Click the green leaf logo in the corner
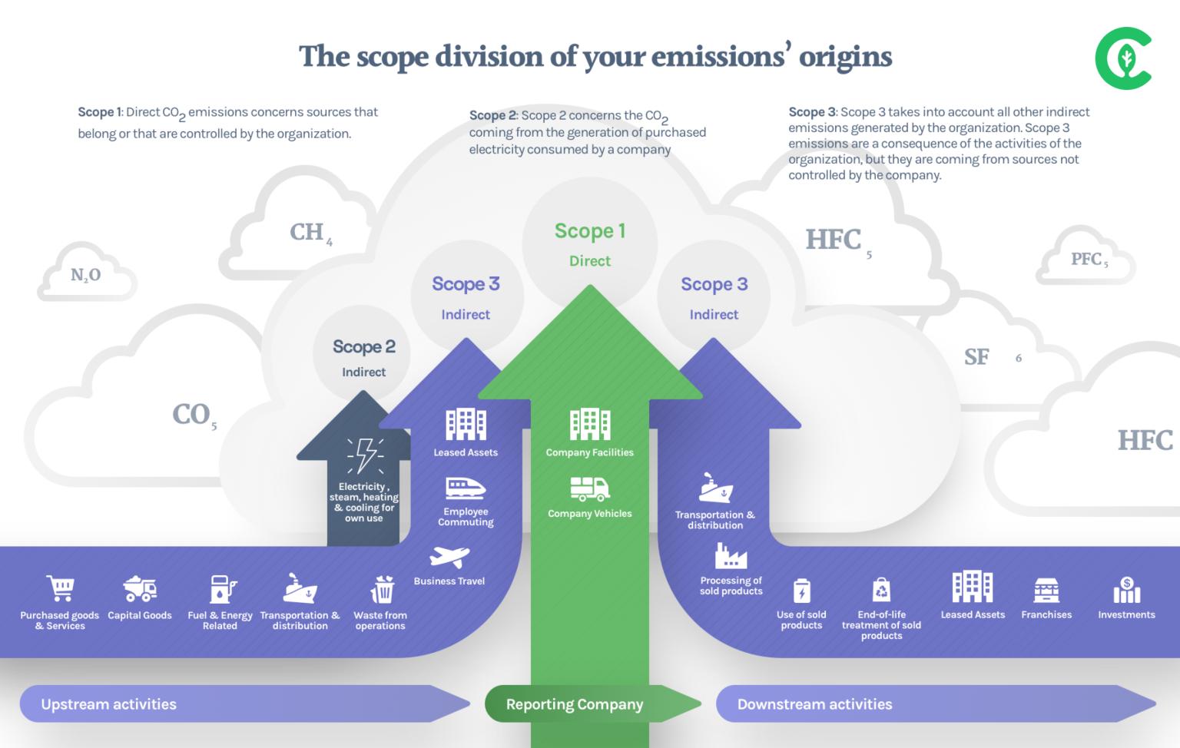point(1123,58)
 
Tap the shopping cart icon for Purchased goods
point(60,588)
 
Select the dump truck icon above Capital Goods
point(140,589)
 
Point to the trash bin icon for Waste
point(382,589)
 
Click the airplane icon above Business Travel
point(449,557)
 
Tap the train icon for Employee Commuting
point(466,488)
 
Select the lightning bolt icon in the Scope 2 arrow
point(365,455)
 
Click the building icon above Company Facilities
point(590,425)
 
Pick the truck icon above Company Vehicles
point(590,488)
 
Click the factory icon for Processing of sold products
point(731,555)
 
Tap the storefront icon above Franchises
point(1046,590)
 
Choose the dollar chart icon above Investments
point(1126,590)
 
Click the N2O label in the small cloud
point(85,275)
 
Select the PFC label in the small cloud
point(1089,260)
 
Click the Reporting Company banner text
point(575,704)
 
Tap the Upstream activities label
point(108,704)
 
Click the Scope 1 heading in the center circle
point(590,231)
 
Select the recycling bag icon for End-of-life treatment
point(881,590)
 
